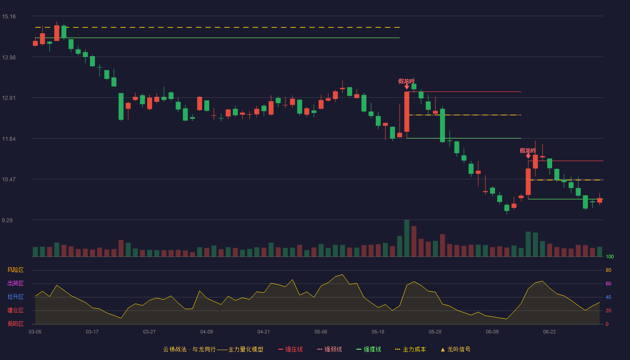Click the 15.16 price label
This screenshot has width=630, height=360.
click(x=9, y=17)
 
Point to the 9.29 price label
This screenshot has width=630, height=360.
click(x=7, y=220)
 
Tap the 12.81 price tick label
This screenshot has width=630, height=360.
click(x=9, y=98)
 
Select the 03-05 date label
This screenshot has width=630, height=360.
click(x=35, y=332)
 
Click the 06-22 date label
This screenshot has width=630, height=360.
click(x=549, y=332)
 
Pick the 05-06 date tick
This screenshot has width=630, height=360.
click(x=321, y=332)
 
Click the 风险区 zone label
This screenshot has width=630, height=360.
click(x=15, y=270)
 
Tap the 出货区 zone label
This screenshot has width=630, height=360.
click(x=15, y=283)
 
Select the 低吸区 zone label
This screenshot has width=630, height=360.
click(x=15, y=324)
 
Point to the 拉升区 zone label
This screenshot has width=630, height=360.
click(x=15, y=297)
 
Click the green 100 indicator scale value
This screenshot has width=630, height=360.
click(x=610, y=256)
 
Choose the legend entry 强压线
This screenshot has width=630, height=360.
click(x=290, y=349)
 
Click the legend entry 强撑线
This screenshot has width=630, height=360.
click(x=369, y=349)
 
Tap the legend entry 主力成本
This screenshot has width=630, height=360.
click(x=410, y=349)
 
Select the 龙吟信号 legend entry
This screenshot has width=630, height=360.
click(x=455, y=349)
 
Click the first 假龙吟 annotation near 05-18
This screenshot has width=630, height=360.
click(x=406, y=81)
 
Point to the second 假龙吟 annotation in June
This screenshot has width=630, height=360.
click(x=527, y=150)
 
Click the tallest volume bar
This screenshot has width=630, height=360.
click(x=407, y=238)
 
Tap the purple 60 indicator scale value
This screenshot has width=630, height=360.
click(x=608, y=283)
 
